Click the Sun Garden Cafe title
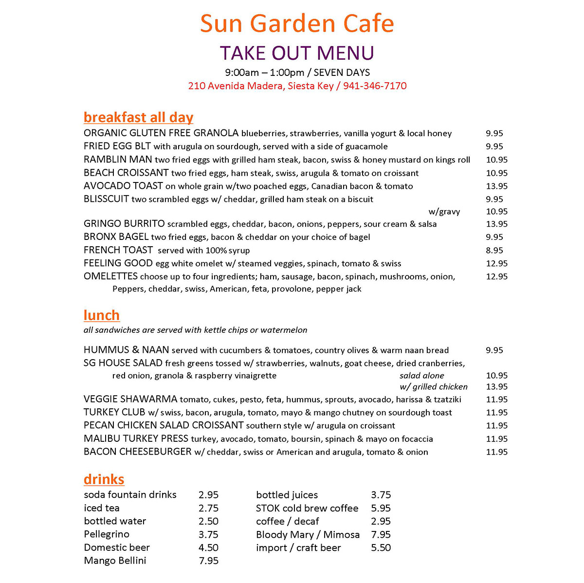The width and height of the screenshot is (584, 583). point(297,23)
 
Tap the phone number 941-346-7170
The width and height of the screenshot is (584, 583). point(375,86)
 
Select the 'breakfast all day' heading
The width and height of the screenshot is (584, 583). point(138,117)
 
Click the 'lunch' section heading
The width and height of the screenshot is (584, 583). point(101,315)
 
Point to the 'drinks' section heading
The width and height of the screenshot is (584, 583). point(104,479)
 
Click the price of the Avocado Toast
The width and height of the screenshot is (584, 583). point(496,186)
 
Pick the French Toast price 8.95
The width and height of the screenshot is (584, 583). point(494,250)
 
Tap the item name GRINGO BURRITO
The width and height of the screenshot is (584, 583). point(124,224)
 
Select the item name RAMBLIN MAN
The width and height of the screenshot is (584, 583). point(118,160)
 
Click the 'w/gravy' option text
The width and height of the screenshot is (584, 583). point(444,212)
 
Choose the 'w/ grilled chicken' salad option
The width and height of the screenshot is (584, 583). point(433,387)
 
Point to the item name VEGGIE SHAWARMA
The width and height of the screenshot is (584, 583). point(130,400)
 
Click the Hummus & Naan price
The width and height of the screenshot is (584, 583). point(494,350)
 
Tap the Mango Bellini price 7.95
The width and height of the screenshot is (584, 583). point(208,561)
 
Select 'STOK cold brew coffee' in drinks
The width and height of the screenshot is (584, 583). point(307,508)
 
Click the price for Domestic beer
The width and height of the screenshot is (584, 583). point(208,547)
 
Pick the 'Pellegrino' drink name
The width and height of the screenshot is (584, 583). point(107,534)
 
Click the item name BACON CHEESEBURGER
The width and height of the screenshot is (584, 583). point(138,452)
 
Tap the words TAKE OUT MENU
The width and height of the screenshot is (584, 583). point(297,53)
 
